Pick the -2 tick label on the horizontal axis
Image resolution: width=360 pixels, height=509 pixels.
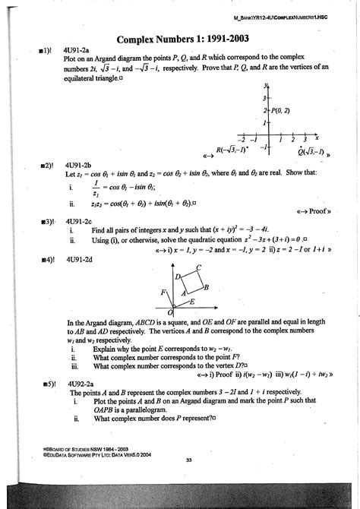point(242,140)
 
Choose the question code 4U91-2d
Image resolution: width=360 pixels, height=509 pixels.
point(79,260)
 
